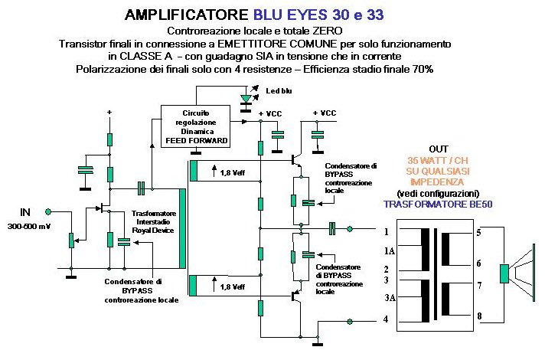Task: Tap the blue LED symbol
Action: click(x=245, y=99)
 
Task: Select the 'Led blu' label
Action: click(x=279, y=91)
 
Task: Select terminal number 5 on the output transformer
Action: click(x=478, y=231)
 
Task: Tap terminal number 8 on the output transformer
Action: click(x=478, y=315)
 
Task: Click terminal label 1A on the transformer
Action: click(x=390, y=250)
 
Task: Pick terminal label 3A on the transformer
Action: click(x=390, y=299)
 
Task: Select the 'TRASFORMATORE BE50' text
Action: click(x=439, y=205)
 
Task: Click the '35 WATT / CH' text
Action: click(x=439, y=160)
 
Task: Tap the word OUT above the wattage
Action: click(x=439, y=149)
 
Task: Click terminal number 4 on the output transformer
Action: click(x=386, y=319)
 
